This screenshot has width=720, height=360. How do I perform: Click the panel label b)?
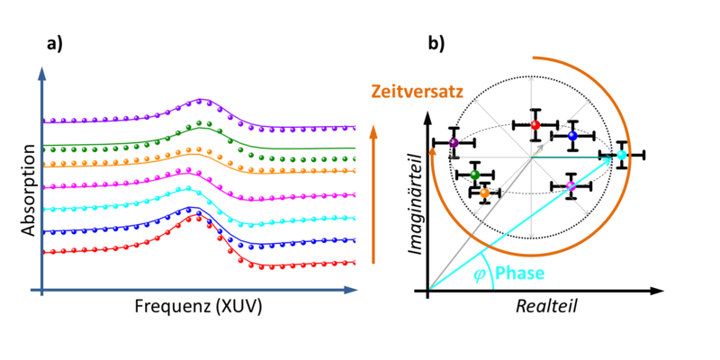click(x=436, y=42)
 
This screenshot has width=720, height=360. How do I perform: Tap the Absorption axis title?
click(x=29, y=191)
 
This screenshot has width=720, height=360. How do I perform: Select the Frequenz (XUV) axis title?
click(x=198, y=306)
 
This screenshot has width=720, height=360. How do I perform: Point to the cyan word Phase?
click(x=520, y=274)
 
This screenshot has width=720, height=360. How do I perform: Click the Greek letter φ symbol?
click(x=480, y=276)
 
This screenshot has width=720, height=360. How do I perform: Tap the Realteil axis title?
click(x=546, y=306)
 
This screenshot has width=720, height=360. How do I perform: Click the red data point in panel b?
click(x=535, y=124)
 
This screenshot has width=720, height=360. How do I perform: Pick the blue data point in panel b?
click(x=572, y=136)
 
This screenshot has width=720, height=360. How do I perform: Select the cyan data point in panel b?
click(x=621, y=155)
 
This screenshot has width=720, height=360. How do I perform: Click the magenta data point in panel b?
click(x=571, y=186)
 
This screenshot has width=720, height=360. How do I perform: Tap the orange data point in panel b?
click(x=484, y=193)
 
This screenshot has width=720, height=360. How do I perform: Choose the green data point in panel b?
click(x=475, y=175)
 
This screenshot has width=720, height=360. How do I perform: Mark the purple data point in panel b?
click(x=454, y=143)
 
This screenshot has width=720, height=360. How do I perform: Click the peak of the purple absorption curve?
click(x=200, y=99)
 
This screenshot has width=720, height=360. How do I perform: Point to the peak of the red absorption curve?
click(x=193, y=215)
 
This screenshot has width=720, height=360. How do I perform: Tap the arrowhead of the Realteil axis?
click(x=659, y=290)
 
